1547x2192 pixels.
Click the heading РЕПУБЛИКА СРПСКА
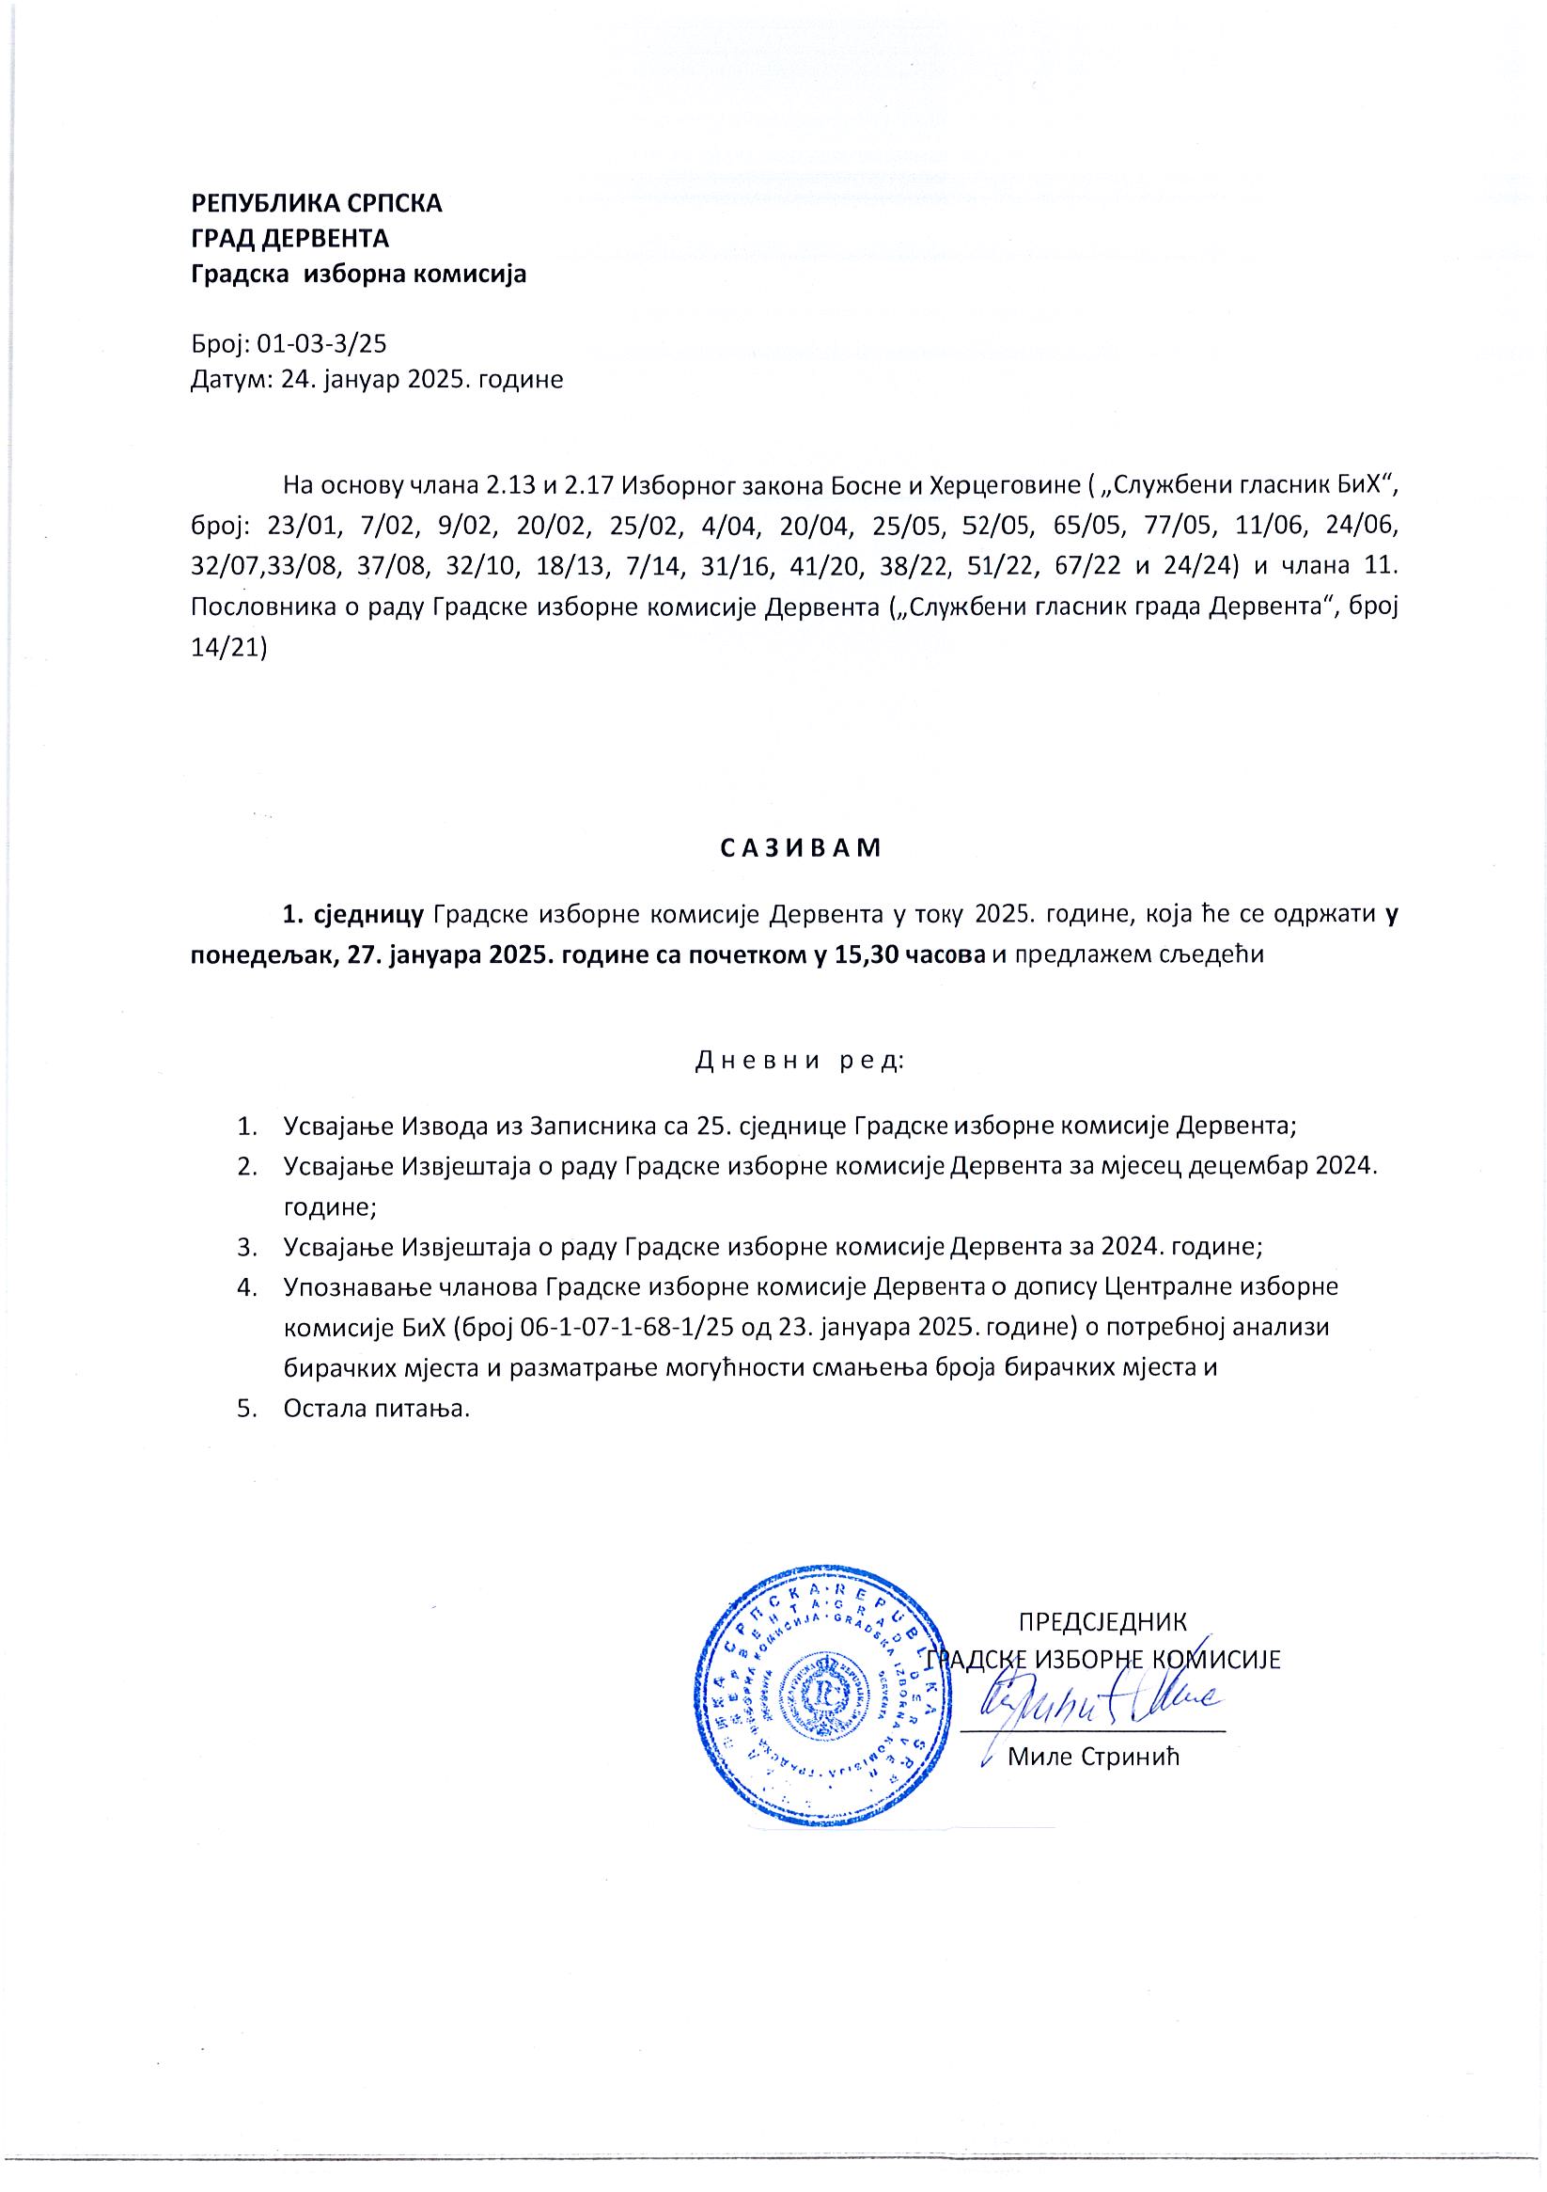click(317, 202)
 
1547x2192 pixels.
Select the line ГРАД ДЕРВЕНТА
click(289, 239)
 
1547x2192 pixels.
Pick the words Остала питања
click(377, 1408)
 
